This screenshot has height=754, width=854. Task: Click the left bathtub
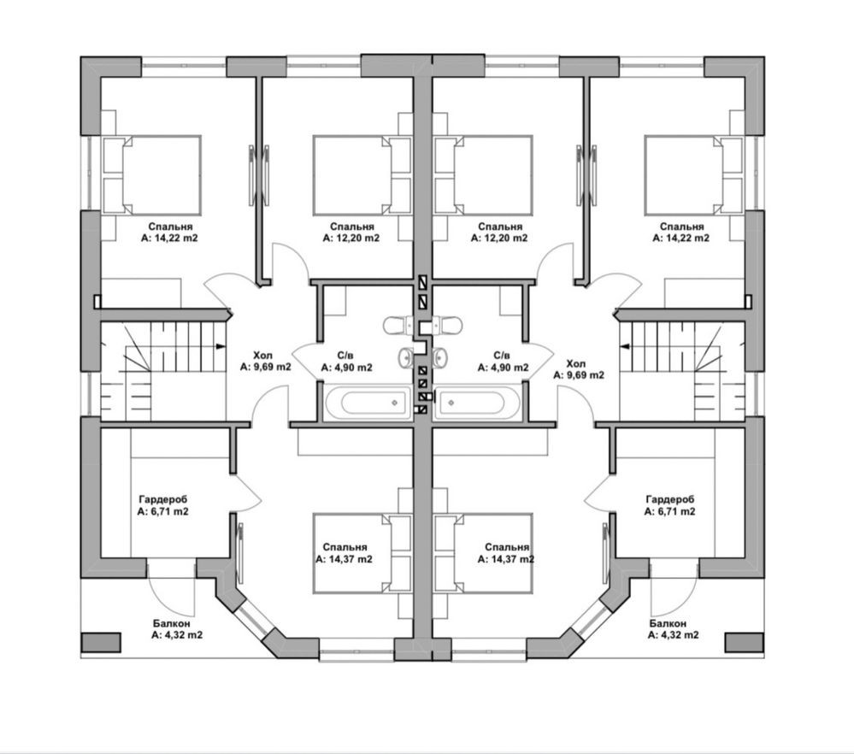(x=368, y=403)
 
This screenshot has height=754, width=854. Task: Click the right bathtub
(x=477, y=403)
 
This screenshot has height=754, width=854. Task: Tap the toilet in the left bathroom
(x=398, y=325)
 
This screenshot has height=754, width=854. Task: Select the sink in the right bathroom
(x=440, y=357)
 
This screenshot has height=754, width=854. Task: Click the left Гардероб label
(x=162, y=499)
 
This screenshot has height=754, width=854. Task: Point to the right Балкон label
(x=668, y=623)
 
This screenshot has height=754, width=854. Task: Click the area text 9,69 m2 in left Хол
(x=266, y=367)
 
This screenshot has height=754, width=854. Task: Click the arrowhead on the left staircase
(x=221, y=345)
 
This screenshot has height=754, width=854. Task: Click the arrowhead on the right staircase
(x=625, y=345)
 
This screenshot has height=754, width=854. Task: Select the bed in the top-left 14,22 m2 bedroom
(x=152, y=175)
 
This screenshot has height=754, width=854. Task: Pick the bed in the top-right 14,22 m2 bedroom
(x=693, y=175)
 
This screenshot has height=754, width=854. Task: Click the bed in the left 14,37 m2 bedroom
(x=362, y=553)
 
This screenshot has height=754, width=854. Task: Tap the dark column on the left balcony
(x=101, y=642)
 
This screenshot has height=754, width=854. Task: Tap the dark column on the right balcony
(x=744, y=642)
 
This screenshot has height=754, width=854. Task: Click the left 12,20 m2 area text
(x=351, y=238)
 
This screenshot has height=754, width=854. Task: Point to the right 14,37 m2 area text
(x=506, y=559)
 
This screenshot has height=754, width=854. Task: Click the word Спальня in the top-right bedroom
(x=682, y=226)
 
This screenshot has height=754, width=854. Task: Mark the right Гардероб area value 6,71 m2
(x=669, y=511)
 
